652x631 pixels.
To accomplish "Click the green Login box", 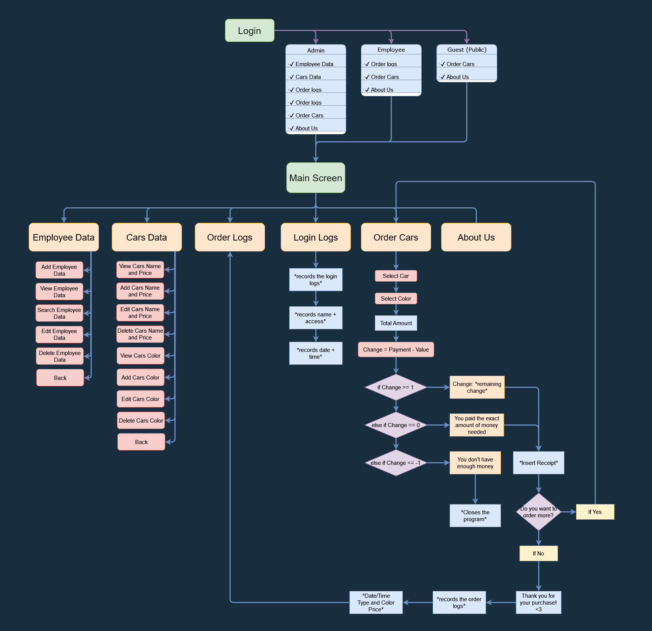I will (250, 31).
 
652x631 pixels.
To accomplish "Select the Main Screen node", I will (316, 178).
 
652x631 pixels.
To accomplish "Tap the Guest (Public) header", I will (467, 50).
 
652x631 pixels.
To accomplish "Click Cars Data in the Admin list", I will (308, 77).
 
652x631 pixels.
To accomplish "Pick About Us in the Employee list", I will (382, 90).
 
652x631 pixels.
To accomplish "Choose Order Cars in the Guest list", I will (460, 64).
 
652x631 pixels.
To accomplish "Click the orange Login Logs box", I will (316, 237).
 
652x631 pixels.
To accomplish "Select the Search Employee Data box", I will (59, 313).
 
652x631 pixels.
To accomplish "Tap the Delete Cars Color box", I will (141, 420).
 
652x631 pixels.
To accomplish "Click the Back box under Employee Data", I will (60, 378).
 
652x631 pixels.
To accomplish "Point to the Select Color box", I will (396, 298).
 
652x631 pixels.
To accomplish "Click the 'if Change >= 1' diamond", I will (396, 387).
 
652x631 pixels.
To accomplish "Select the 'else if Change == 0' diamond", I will (396, 425).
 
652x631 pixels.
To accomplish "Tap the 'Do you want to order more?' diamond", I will (538, 512).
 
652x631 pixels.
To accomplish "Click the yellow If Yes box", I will (595, 512).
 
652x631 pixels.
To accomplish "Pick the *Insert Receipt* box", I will (538, 463).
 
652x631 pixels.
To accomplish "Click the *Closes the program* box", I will (475, 515).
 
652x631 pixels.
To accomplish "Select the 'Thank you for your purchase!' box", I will (538, 602).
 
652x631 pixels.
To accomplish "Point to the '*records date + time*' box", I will (316, 353).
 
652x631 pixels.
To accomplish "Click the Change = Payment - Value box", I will (396, 349).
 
